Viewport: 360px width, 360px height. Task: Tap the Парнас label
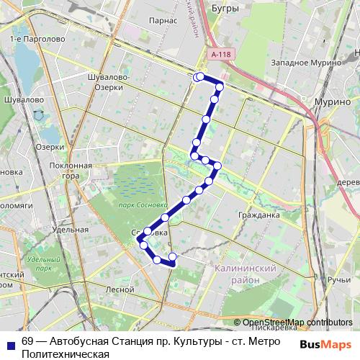point(164,20)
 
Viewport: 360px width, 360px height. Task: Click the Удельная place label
point(71,230)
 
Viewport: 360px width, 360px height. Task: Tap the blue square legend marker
point(11,343)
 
